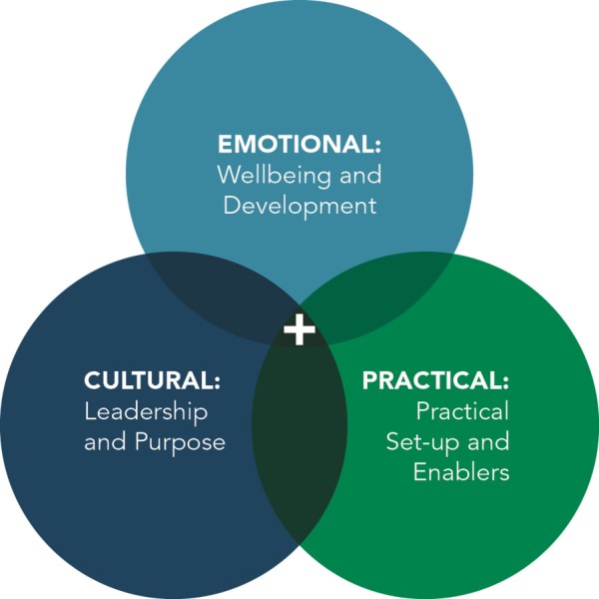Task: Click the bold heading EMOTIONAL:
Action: [x=299, y=143]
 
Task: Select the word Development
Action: [x=299, y=207]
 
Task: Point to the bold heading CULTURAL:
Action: [x=152, y=380]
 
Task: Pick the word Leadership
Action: [x=146, y=410]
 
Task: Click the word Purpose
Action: [x=179, y=441]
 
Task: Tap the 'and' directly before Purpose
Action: [x=104, y=441]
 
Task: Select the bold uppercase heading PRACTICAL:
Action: [x=435, y=380]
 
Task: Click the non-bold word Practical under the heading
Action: [x=462, y=410]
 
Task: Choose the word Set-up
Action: [x=420, y=441]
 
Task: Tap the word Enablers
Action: [x=461, y=472]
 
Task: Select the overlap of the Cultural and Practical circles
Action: [x=299, y=439]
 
